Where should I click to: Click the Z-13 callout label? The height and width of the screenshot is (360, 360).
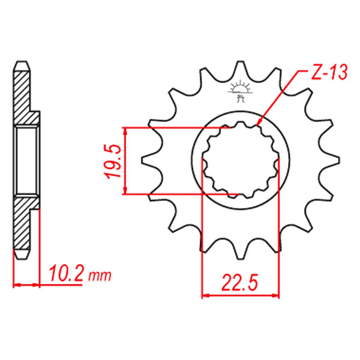329,72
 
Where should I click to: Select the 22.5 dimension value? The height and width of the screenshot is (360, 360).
239,282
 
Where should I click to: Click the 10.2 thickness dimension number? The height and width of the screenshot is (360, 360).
66,273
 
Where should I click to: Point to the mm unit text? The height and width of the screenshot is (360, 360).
100,276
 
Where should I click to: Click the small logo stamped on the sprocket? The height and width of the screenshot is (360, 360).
240,91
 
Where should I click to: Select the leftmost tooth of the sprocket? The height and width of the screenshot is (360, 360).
149,160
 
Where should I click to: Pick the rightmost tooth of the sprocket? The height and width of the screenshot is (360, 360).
332,160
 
